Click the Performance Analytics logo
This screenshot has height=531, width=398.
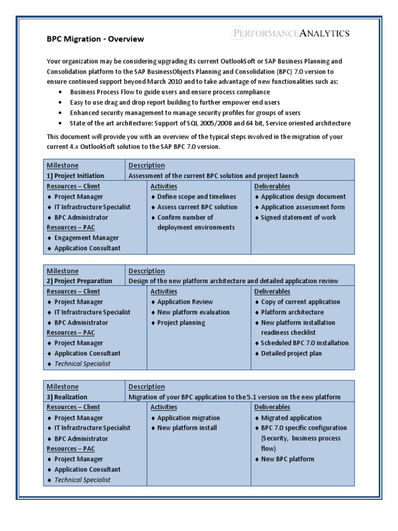290,33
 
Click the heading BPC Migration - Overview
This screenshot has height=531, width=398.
95,39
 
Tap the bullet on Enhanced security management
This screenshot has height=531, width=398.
185,113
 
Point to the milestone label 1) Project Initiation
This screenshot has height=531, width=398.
76,176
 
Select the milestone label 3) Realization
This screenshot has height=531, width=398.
67,397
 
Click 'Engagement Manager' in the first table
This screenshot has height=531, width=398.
87,238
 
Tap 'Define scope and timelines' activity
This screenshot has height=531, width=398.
196,197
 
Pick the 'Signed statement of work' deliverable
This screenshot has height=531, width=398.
298,217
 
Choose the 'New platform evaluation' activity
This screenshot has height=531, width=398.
193,312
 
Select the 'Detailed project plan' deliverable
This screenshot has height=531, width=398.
291,354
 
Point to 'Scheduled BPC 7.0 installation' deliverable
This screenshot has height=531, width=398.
305,343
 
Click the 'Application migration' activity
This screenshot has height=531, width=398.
189,418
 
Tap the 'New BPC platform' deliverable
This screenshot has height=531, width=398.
288,459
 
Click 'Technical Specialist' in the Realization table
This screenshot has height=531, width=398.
82,480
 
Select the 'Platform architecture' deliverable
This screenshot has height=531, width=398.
292,312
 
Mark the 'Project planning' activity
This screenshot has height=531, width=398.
181,323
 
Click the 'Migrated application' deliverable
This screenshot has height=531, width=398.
291,418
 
